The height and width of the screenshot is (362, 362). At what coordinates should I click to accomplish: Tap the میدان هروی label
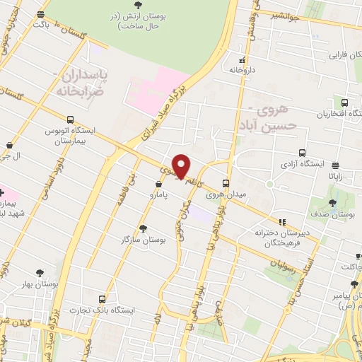pyautogui.click(x=229, y=194)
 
